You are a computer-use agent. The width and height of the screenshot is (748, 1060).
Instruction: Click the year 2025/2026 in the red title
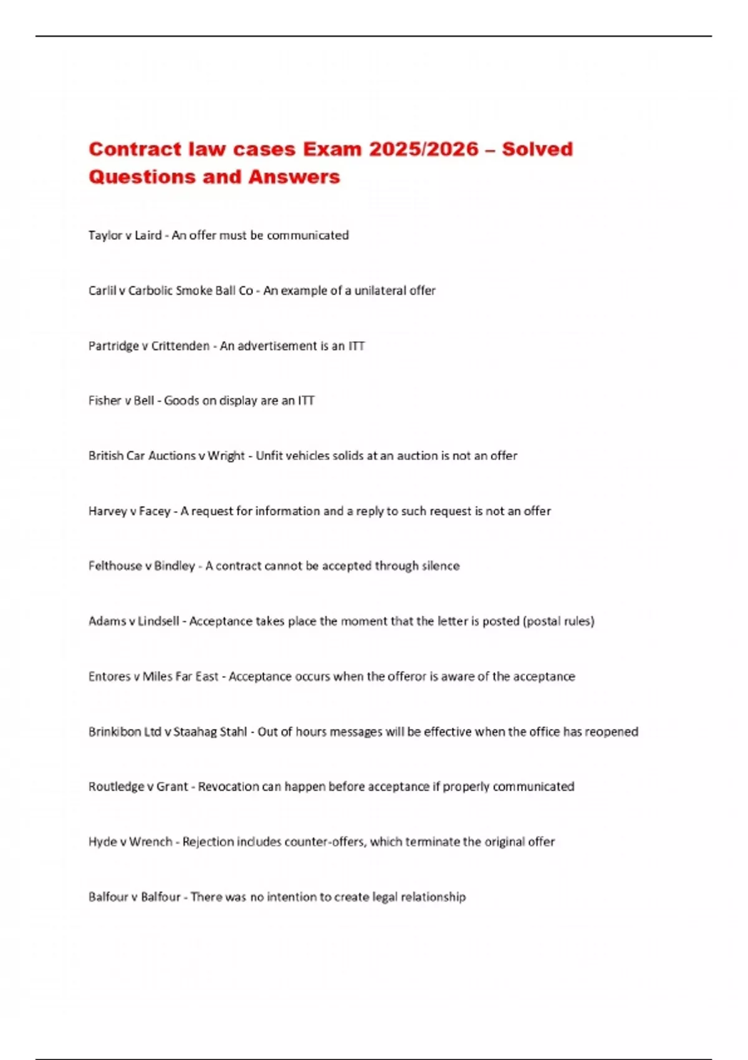coord(424,149)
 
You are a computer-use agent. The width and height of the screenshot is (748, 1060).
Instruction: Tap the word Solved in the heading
coord(537,149)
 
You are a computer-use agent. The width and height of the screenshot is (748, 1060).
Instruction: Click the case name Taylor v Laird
coord(125,235)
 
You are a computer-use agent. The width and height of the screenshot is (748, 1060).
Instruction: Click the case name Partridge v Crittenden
coord(148,346)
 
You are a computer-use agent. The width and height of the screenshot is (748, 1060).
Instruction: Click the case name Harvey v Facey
coord(129,511)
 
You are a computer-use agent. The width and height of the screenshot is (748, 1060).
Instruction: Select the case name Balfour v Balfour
coord(134,897)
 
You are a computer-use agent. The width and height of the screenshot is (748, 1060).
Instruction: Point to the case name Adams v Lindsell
coord(133,621)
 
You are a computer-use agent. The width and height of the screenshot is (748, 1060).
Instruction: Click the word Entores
coord(109,677)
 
